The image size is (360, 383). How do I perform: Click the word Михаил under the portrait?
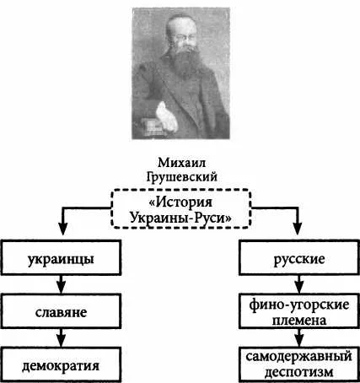tap(181, 163)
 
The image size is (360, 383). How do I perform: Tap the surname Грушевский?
tap(182, 177)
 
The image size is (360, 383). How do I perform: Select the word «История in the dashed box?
tap(180, 202)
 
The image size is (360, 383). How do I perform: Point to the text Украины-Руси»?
tap(180, 218)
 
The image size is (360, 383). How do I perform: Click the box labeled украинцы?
tap(61, 257)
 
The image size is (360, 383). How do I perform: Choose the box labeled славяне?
tap(61, 311)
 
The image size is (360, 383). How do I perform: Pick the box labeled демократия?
tap(61, 364)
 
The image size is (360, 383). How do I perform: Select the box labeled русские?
tap(299, 257)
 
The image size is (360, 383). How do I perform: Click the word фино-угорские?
tap(299, 305)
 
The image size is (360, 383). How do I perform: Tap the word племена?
tap(299, 320)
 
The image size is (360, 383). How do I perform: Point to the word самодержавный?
tap(299, 357)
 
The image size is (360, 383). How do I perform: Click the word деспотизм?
tap(299, 372)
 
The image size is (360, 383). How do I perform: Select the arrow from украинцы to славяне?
tap(61, 284)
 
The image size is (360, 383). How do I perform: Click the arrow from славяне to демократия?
tap(61, 338)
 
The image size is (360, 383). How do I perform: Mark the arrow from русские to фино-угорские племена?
tap(299, 284)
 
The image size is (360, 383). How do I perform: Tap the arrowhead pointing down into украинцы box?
tap(63, 229)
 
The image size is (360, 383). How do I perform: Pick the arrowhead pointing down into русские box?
tap(298, 229)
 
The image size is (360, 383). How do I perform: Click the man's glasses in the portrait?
tap(185, 38)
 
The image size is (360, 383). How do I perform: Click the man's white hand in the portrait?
tap(166, 117)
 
